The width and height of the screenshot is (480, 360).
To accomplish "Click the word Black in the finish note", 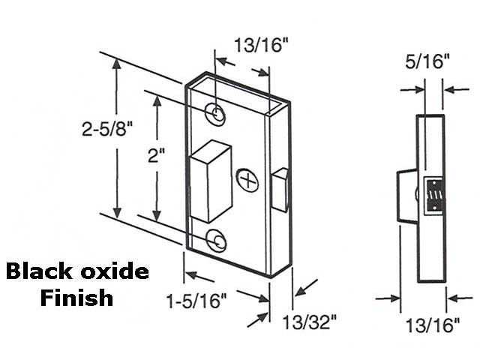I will [42, 271].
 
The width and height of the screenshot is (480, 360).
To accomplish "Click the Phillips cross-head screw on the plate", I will [247, 179].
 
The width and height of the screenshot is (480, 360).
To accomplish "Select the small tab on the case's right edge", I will [279, 190].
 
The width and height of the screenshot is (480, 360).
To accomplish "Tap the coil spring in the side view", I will [433, 196].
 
